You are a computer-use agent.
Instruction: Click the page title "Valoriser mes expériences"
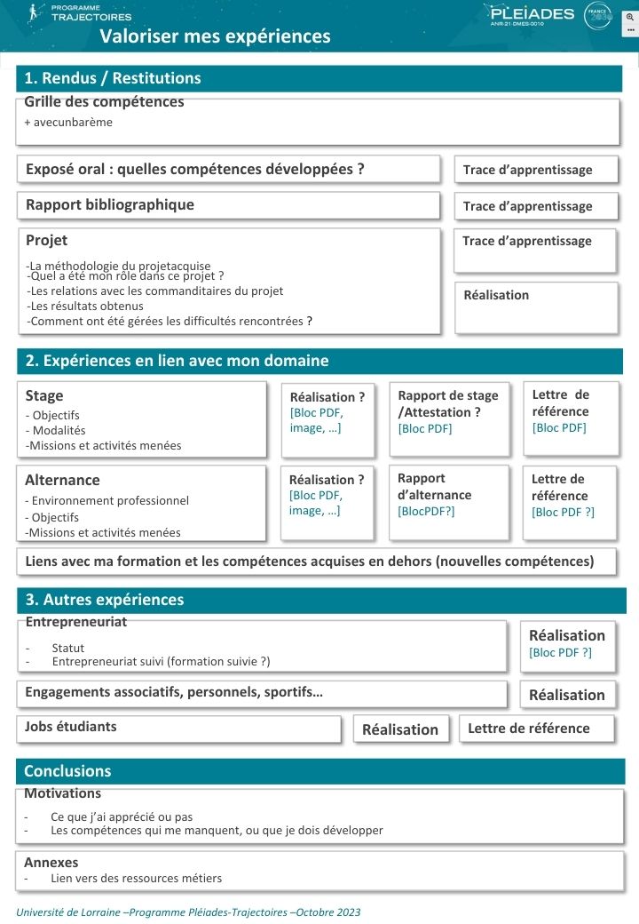click(x=215, y=36)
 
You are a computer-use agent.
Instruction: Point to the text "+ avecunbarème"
click(x=68, y=122)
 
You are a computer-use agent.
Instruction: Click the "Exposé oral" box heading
click(x=195, y=169)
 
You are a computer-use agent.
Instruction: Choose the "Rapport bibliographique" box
click(x=110, y=204)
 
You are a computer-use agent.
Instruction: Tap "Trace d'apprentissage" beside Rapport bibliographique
click(x=527, y=206)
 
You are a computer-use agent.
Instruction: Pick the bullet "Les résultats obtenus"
click(x=86, y=307)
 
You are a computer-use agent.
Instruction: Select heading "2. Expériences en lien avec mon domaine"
click(x=177, y=361)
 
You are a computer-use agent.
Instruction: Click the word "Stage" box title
click(x=44, y=396)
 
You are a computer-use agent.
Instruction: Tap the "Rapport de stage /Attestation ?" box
click(x=448, y=404)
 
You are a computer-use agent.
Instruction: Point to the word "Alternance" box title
click(x=62, y=480)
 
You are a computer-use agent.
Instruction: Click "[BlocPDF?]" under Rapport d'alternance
click(x=426, y=511)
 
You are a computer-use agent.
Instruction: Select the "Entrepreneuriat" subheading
click(x=76, y=622)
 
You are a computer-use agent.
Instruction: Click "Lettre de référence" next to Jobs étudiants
click(x=529, y=729)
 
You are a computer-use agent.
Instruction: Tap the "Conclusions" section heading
click(x=67, y=771)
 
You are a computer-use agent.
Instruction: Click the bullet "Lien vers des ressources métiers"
click(x=136, y=879)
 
